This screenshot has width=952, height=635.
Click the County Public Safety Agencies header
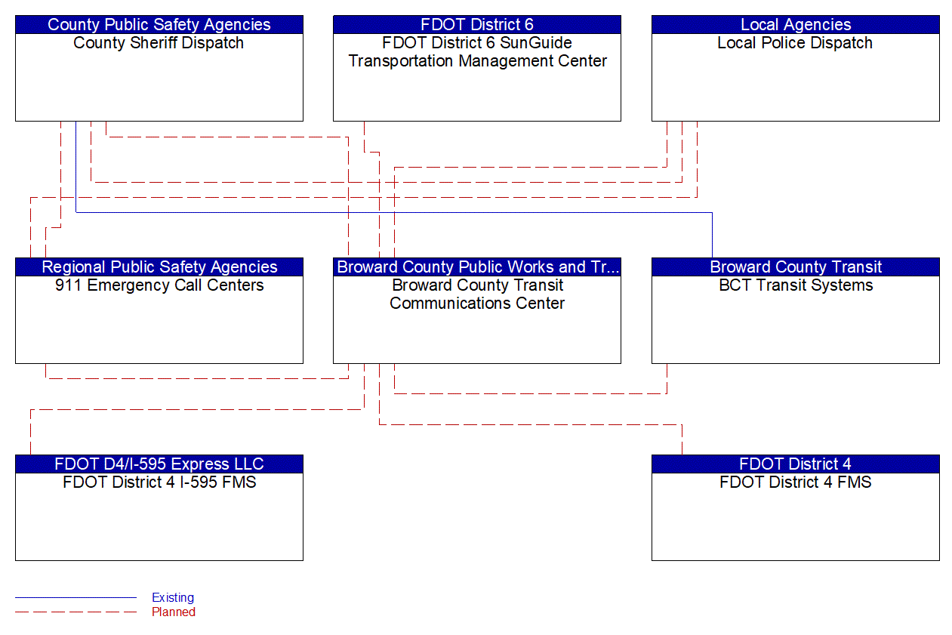point(159,25)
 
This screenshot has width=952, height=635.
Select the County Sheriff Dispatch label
point(159,43)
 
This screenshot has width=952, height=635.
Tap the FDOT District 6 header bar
point(476,25)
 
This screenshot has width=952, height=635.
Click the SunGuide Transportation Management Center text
point(477,61)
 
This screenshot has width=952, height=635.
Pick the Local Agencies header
point(795,25)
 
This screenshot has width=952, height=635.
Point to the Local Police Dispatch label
point(795,43)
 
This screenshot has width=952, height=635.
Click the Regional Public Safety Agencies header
point(159,267)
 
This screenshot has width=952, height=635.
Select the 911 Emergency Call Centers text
point(159,285)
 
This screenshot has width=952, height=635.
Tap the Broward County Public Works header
point(476,267)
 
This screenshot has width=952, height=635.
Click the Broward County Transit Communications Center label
point(477,294)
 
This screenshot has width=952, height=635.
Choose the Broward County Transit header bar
point(795,267)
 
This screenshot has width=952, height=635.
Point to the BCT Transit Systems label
point(795,285)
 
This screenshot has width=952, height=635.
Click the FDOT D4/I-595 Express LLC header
point(159,464)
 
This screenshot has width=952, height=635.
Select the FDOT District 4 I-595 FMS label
point(159,482)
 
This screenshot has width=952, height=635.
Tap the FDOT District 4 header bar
point(795,464)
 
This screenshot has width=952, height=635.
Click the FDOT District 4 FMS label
point(795,482)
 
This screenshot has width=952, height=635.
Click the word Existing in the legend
point(173,597)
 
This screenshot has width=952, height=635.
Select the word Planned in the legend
point(174,612)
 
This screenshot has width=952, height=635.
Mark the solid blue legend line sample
point(75,598)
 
